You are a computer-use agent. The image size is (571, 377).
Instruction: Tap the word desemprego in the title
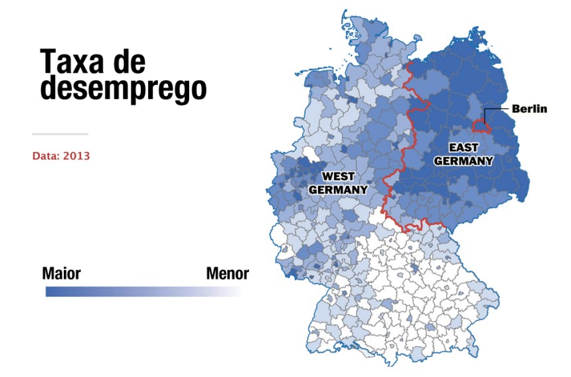[123, 89]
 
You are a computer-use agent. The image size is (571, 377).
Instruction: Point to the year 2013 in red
[77, 157]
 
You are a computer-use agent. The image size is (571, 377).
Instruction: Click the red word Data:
[46, 157]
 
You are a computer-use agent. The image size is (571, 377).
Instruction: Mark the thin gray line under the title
[60, 134]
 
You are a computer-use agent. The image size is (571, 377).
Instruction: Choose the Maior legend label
[61, 273]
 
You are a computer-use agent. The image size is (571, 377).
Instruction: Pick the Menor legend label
[227, 273]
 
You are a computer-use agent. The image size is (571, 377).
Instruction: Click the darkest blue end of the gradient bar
[50, 291]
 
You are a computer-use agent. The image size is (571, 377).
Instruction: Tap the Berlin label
[529, 109]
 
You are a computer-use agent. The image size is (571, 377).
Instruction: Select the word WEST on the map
[338, 177]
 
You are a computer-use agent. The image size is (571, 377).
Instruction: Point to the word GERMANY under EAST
[463, 161]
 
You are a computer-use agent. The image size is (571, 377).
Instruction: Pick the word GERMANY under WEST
[338, 189]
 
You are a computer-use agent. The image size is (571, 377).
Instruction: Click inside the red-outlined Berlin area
[479, 127]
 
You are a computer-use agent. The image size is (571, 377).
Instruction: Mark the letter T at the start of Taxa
[48, 62]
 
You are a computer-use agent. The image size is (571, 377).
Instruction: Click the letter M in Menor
[212, 273]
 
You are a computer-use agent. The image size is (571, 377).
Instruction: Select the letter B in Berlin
[515, 109]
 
